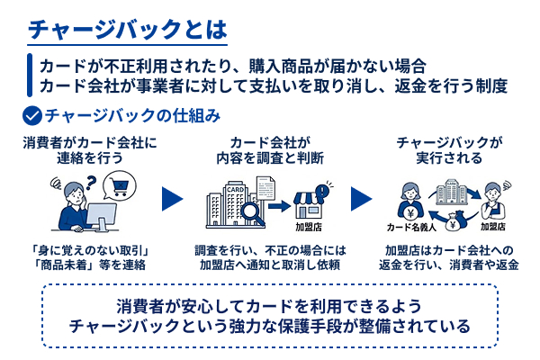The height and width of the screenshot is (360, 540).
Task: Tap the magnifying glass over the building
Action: point(244,213)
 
